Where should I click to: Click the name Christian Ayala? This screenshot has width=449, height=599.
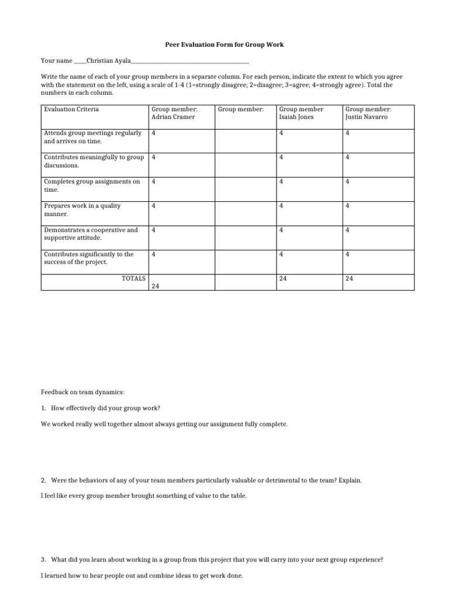[109, 60]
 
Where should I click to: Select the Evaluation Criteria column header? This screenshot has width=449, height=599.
[71, 109]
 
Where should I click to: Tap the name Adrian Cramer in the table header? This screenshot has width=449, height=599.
[173, 117]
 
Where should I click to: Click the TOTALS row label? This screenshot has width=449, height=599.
[133, 278]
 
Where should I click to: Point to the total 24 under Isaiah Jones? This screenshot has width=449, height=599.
[283, 278]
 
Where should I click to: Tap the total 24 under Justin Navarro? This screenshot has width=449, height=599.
[349, 278]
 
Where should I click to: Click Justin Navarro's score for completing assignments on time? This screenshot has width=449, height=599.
[347, 181]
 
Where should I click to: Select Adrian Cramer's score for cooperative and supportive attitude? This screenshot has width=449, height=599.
[153, 230]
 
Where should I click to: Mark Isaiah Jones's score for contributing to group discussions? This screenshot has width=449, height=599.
[281, 157]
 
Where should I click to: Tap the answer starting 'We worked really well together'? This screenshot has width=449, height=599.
[164, 424]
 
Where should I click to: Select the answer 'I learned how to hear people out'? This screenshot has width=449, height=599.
[141, 576]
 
